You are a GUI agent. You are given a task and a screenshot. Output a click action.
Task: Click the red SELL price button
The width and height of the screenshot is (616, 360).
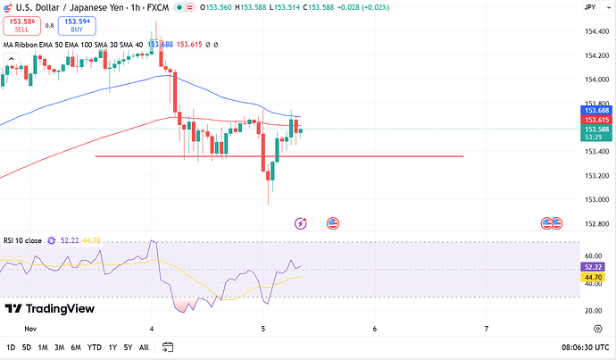21,26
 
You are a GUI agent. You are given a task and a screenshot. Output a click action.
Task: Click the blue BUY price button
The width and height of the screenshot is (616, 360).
77,26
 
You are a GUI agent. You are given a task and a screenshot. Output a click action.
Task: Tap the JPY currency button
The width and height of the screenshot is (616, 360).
589,7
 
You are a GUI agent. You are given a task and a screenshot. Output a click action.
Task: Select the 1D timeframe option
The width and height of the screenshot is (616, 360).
11,347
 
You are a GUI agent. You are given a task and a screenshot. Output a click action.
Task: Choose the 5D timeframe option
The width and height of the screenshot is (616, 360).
27,347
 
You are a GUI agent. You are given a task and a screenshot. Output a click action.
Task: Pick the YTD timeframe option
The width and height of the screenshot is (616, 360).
94,347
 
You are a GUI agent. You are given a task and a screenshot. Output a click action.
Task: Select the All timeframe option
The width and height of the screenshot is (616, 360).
144,347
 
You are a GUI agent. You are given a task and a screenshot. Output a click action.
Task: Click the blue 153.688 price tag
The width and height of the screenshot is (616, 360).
595,110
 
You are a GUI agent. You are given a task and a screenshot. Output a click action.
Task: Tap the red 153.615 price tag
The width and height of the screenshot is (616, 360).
595,120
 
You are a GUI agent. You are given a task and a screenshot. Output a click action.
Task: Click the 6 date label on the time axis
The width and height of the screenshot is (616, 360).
375,329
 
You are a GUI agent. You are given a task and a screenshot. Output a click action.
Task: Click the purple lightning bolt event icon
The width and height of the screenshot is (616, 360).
301,222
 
